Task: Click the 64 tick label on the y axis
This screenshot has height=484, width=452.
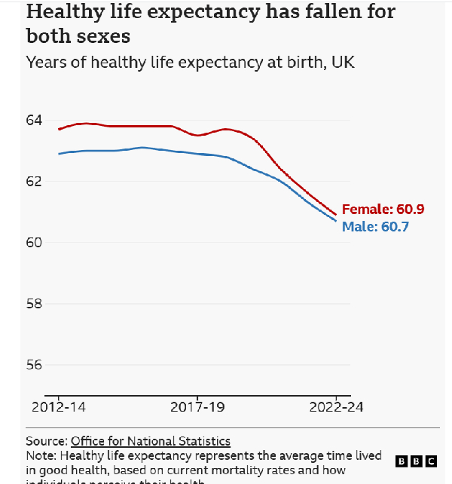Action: [35, 121]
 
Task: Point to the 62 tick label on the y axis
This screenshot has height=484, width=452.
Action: [35, 182]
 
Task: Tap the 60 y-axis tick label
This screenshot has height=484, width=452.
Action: [35, 243]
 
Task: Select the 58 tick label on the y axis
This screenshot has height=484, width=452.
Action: [35, 304]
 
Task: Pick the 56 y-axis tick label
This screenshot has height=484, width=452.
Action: [35, 365]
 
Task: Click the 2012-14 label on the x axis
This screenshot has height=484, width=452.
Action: [58, 407]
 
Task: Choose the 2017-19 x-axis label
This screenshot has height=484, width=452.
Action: [197, 407]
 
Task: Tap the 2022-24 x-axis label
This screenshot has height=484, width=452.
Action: [335, 407]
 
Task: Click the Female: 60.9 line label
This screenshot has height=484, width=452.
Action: [377, 210]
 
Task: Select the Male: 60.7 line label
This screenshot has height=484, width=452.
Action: [375, 226]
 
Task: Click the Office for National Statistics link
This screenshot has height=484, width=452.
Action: [151, 441]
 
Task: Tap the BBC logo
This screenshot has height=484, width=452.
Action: [415, 461]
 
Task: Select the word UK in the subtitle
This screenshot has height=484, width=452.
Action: [342, 63]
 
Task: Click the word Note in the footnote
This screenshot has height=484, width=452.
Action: [40, 456]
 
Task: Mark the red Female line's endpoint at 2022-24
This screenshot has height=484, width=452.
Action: [336, 214]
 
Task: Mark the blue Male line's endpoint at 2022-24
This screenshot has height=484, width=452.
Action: [336, 220]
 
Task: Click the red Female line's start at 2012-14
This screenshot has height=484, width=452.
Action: [59, 130]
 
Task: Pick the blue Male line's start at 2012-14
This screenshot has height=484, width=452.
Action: [59, 154]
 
